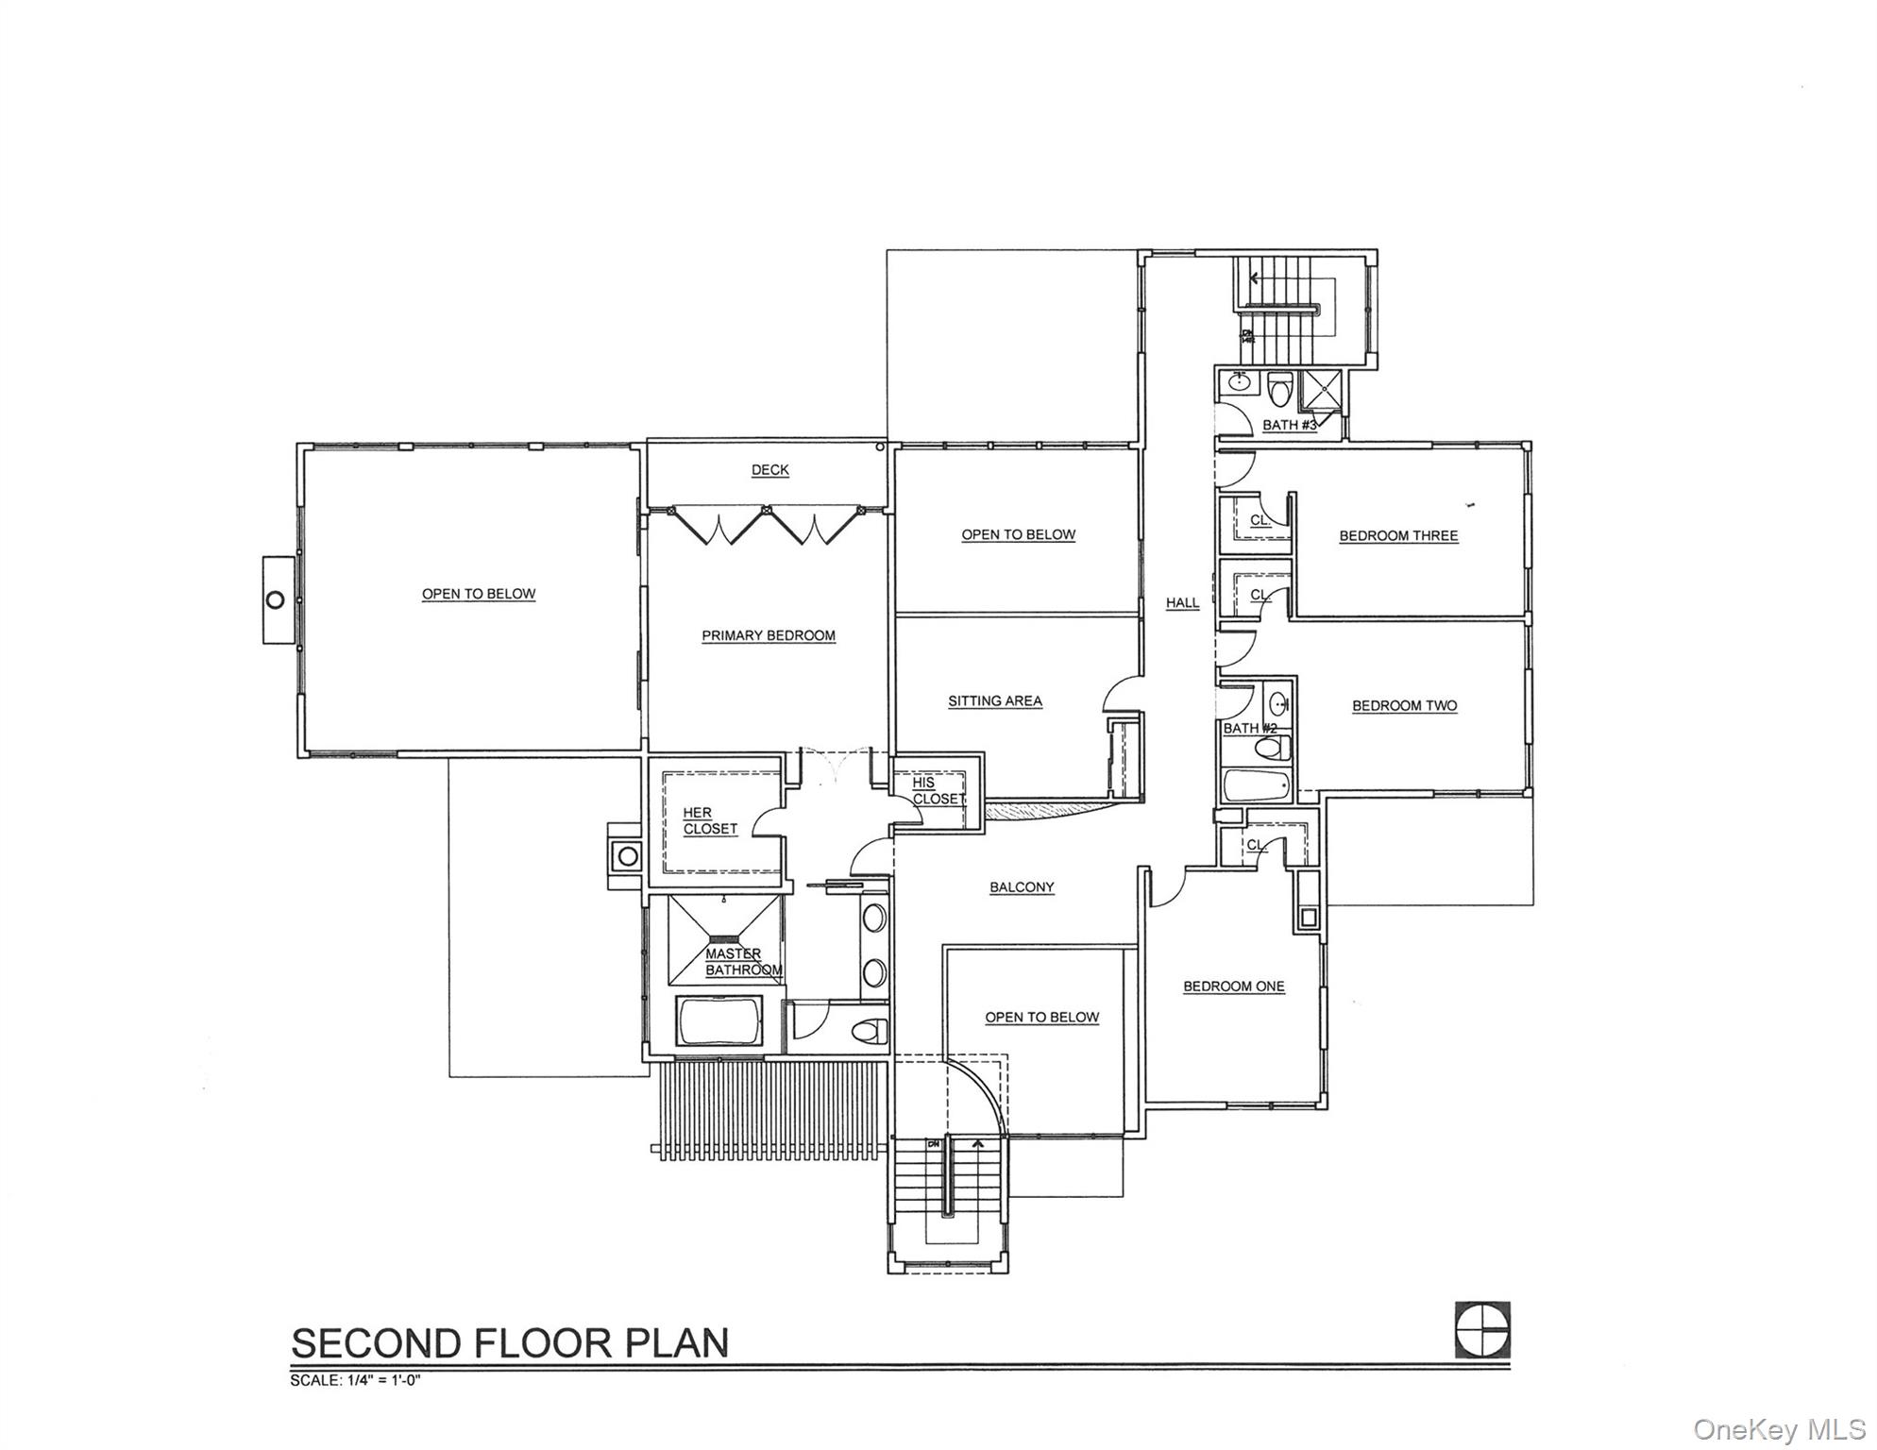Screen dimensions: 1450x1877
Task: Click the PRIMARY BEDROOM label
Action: pos(768,635)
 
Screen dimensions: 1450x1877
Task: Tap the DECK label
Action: pos(769,469)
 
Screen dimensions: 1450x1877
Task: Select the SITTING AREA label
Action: pos(994,700)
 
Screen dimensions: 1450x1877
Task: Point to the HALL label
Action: pos(1181,602)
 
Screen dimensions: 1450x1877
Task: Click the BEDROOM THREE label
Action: pos(1397,535)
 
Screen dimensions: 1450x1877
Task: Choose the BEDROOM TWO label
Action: pos(1403,705)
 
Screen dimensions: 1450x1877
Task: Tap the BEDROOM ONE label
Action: pos(1233,986)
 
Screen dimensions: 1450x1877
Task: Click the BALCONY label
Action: pos(1021,886)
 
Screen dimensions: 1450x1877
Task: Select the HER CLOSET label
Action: pos(709,820)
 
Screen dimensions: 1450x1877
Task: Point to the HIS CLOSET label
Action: pos(937,790)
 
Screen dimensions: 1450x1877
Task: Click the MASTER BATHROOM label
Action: pos(742,961)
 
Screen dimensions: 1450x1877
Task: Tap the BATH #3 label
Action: pos(1289,425)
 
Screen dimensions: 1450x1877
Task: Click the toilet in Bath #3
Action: pos(1279,388)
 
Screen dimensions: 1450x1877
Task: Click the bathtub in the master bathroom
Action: pos(719,1021)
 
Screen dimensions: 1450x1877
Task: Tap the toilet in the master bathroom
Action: pos(871,1030)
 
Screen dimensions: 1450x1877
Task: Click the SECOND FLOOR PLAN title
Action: pos(510,1342)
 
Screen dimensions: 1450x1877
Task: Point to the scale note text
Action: pos(354,1380)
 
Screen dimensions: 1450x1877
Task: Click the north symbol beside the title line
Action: pos(1481,1330)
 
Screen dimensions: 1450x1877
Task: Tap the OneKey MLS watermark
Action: pos(1778,1429)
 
